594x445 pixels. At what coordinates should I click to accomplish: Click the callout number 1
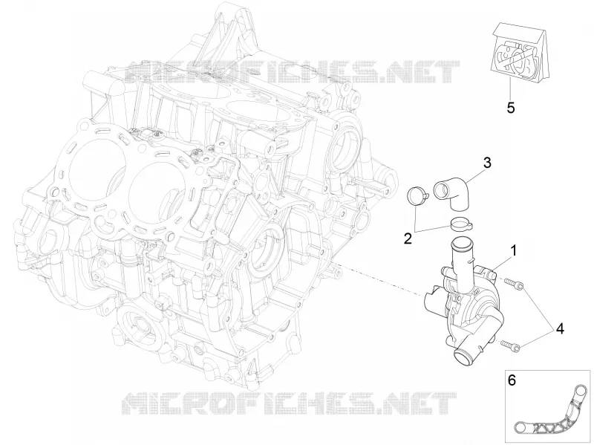pyautogui.click(x=514, y=250)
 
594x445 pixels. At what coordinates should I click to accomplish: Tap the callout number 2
pyautogui.click(x=408, y=238)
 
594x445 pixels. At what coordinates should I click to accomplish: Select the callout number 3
pyautogui.click(x=487, y=163)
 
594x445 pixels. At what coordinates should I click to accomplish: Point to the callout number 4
pyautogui.click(x=560, y=329)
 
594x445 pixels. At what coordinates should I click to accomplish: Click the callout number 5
pyautogui.click(x=511, y=108)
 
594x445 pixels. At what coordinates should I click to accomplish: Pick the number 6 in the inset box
pyautogui.click(x=512, y=380)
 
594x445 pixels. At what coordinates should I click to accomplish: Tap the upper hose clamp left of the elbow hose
pyautogui.click(x=417, y=196)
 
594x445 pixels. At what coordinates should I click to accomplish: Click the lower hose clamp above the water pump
pyautogui.click(x=461, y=224)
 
